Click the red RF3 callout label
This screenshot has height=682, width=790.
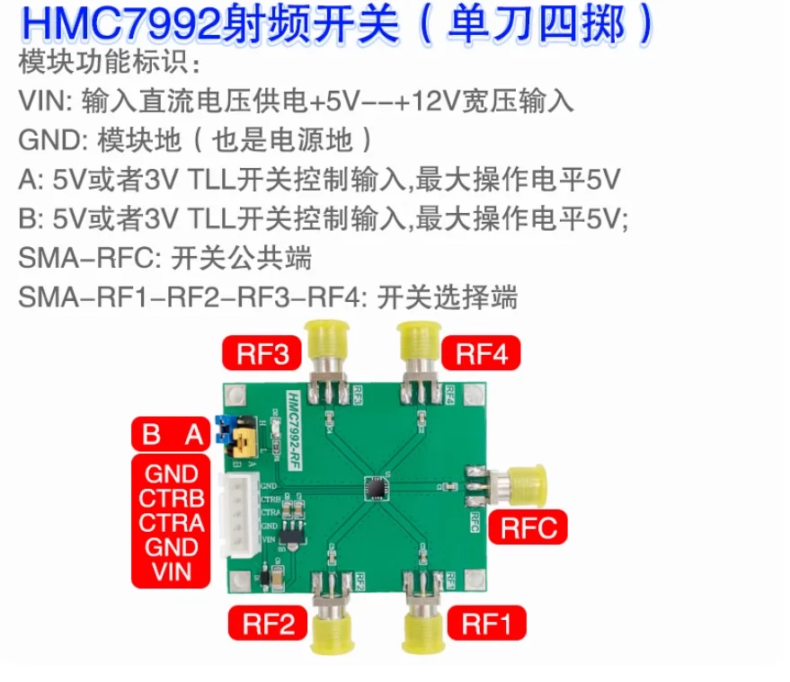[x=262, y=354]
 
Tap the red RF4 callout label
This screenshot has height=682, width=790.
[x=481, y=354]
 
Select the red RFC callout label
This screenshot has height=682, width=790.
[x=528, y=527]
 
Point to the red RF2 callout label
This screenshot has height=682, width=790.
[x=268, y=624]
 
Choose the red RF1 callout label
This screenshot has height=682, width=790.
[x=487, y=624]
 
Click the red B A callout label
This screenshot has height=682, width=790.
[x=171, y=434]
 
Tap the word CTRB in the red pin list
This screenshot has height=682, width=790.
[x=172, y=498]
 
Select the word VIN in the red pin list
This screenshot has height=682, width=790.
[x=172, y=571]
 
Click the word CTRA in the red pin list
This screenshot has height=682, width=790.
[x=172, y=523]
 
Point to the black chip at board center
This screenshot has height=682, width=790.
[x=376, y=487]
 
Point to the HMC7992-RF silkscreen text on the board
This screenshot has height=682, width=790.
[x=294, y=430]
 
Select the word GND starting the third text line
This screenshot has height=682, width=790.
[x=49, y=140]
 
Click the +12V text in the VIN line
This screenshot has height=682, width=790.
[x=428, y=101]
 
